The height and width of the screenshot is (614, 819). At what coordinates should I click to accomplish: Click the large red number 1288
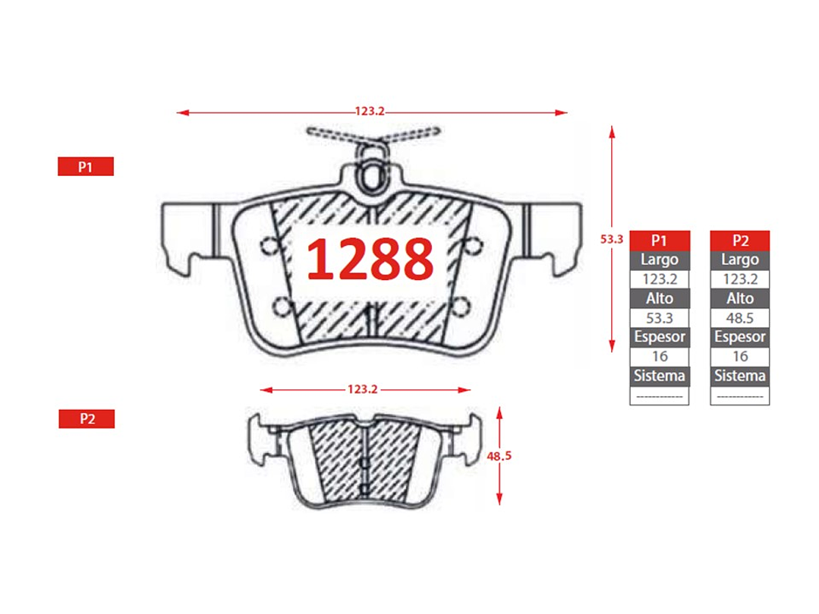[x=370, y=259]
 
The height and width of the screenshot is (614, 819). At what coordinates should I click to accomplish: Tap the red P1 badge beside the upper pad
[x=86, y=166]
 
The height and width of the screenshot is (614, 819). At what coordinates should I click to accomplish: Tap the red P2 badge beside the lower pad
[x=87, y=419]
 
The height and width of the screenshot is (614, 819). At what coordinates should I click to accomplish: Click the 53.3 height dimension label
[x=612, y=239]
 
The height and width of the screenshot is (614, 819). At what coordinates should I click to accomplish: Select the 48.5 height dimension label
[x=499, y=456]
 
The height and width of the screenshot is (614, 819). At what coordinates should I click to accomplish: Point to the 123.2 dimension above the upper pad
[x=370, y=112]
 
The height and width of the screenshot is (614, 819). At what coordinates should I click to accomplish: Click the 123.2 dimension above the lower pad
[x=363, y=389]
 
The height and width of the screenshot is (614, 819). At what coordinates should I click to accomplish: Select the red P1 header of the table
[x=660, y=240]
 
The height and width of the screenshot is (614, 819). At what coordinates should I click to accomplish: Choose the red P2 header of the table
[x=740, y=240]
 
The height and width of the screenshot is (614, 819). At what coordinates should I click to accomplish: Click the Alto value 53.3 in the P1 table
[x=660, y=317]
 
